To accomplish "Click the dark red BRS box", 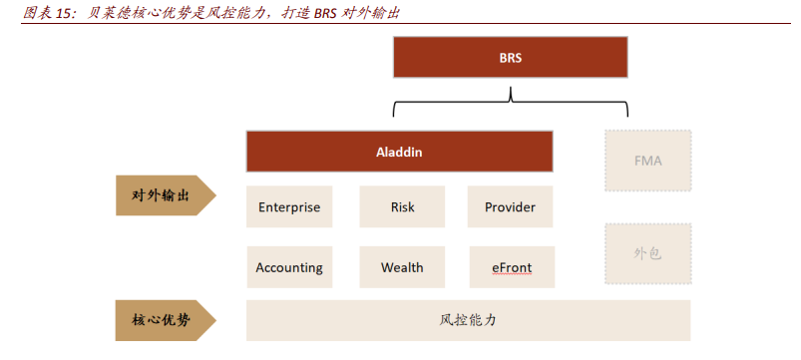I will coord(511,58).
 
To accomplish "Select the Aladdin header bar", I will coord(399,153).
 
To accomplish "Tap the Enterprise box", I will coord(289,207).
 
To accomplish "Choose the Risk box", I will coord(402,207).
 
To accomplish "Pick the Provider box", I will coord(510,207).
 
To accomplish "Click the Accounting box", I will coord(289,267).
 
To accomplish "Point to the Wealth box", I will coord(402,267).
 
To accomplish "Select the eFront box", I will coord(510,267).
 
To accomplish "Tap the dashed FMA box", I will coord(647,160).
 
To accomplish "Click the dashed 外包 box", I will coord(647,253).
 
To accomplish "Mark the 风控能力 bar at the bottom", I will coord(468,320).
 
